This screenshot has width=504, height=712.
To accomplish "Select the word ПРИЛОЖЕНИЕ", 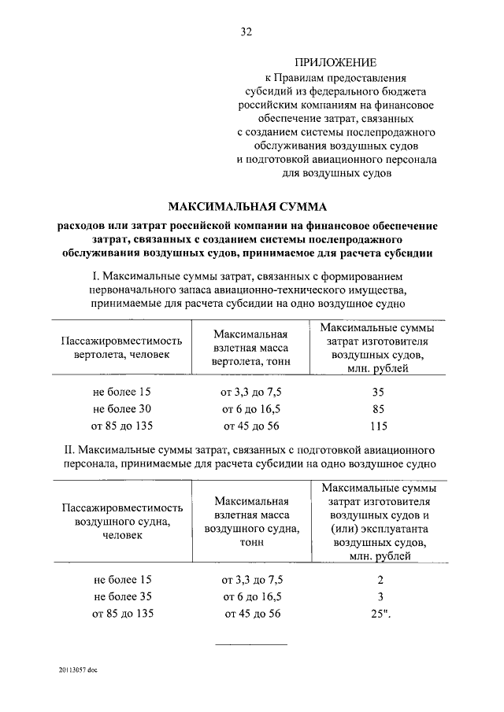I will click(x=335, y=61).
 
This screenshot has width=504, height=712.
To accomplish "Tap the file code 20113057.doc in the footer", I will click(x=77, y=670).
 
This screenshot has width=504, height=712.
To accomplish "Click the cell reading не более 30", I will click(x=121, y=408).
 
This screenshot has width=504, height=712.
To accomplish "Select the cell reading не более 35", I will click(x=121, y=596).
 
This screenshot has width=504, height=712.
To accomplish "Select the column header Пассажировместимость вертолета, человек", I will click(x=121, y=348).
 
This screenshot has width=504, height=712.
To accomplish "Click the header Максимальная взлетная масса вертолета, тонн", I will click(x=251, y=348).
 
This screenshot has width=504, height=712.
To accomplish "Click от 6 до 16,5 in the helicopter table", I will click(x=251, y=408).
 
